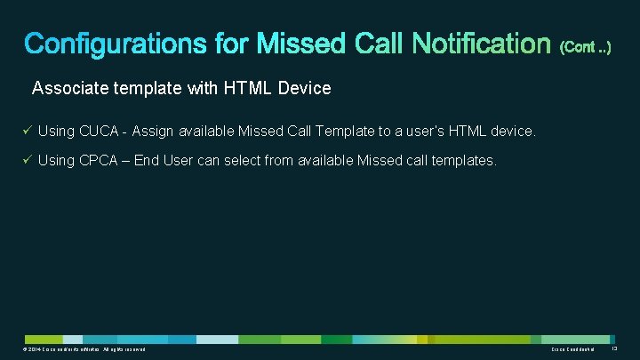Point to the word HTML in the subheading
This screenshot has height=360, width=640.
click(x=253, y=88)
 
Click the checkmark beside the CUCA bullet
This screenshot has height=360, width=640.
click(x=28, y=131)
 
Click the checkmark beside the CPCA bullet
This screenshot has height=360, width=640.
click(x=28, y=160)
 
